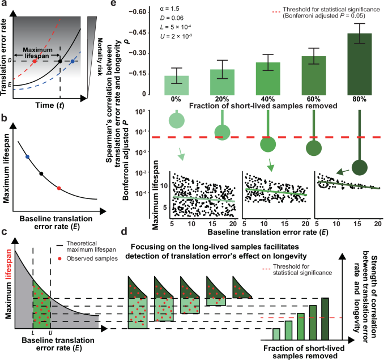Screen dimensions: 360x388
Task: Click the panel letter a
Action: tap(5, 5)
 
